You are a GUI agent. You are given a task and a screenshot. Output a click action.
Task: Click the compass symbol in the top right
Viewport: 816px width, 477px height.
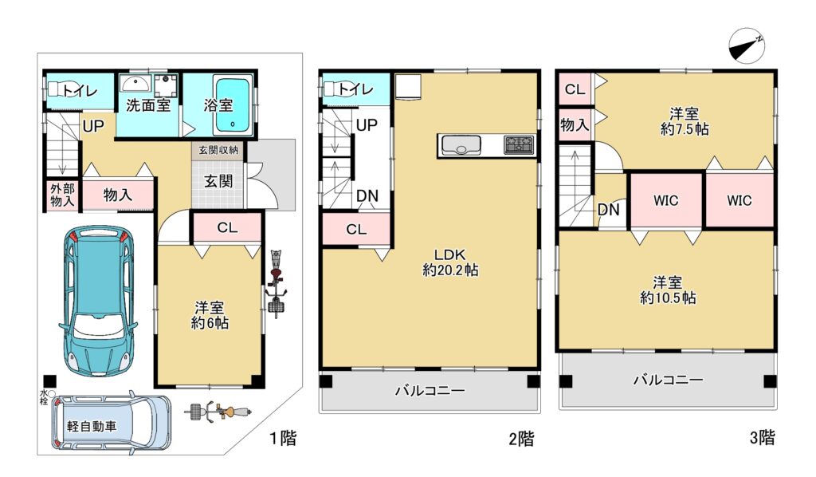747,45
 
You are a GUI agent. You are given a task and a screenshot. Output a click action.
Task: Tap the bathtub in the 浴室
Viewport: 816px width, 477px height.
233,105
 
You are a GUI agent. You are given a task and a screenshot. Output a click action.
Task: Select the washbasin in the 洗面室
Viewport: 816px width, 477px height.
135,83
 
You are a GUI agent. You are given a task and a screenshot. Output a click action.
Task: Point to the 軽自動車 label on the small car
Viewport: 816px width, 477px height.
92,426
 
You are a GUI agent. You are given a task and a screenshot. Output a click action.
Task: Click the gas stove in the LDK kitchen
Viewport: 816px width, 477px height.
519,144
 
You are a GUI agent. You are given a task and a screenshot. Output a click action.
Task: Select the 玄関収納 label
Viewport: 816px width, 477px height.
218,150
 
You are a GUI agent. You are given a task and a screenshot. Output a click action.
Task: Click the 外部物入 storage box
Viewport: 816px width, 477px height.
62,195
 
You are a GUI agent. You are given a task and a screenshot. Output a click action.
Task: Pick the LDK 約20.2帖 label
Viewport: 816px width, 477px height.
450,262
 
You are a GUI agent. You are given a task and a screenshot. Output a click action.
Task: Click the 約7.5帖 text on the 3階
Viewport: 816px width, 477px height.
685,128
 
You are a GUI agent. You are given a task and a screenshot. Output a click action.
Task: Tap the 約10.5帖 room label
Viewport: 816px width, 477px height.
668,298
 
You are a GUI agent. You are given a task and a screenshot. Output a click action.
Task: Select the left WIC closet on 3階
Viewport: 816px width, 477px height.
666,200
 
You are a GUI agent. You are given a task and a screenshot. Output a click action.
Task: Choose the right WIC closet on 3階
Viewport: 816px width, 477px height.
739,200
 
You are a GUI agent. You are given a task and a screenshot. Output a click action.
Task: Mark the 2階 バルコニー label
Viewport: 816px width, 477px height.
430,390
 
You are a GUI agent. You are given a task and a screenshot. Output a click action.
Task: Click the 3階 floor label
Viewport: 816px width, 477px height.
762,437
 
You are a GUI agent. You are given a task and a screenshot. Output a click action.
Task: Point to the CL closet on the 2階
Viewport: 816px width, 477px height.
356,229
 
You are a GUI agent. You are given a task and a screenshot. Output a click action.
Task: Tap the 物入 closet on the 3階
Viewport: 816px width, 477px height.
575,124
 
